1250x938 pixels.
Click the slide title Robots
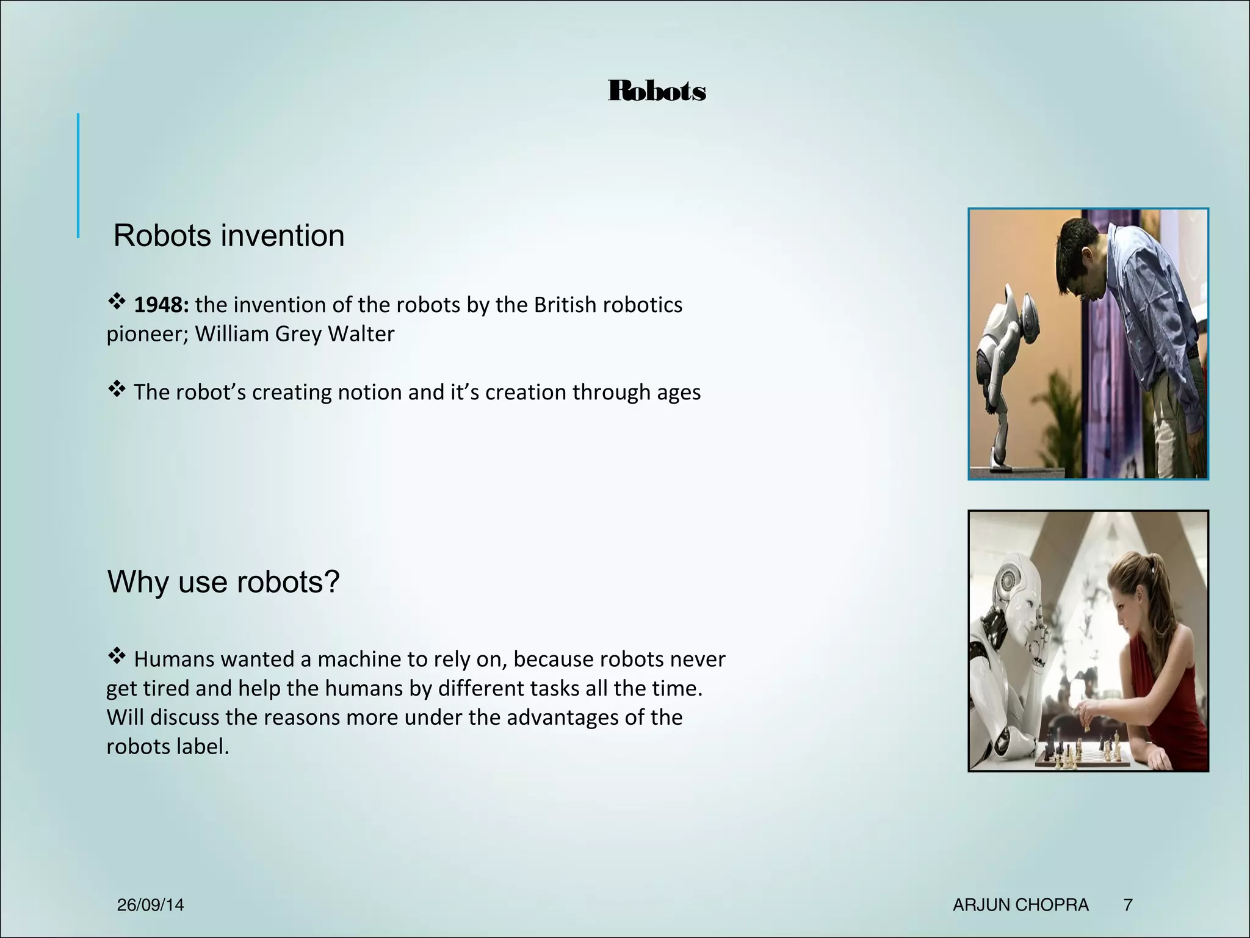(x=657, y=91)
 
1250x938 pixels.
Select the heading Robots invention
(x=229, y=236)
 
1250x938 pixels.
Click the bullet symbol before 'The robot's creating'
(x=117, y=388)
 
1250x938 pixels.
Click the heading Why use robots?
(x=223, y=581)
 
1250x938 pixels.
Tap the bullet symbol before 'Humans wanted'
(x=117, y=656)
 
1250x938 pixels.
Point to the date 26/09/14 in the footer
(x=150, y=904)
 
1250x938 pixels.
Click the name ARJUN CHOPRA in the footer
(x=1021, y=904)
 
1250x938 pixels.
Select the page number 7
(x=1129, y=904)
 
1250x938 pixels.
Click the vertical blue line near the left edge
(x=78, y=175)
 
